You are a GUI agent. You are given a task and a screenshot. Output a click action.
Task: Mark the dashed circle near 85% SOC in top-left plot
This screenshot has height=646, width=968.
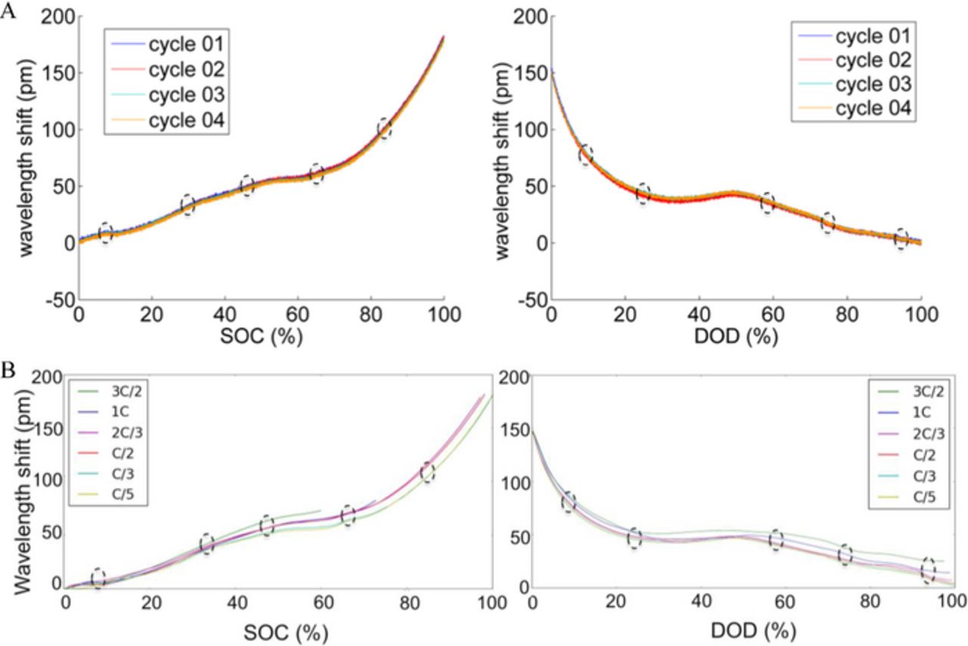pyautogui.click(x=384, y=128)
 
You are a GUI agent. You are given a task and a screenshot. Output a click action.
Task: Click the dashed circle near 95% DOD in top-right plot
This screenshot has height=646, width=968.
pyautogui.click(x=900, y=240)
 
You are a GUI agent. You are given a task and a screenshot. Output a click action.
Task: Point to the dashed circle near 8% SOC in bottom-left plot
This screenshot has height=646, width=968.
pyautogui.click(x=98, y=578)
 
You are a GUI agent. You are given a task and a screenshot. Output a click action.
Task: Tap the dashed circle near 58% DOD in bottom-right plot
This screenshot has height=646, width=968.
pyautogui.click(x=776, y=540)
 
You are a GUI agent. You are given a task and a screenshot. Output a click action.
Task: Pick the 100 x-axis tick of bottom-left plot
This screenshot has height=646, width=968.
pyautogui.click(x=491, y=604)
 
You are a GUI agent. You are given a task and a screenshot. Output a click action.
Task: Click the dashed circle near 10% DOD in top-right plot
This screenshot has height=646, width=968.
pyautogui.click(x=586, y=155)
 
